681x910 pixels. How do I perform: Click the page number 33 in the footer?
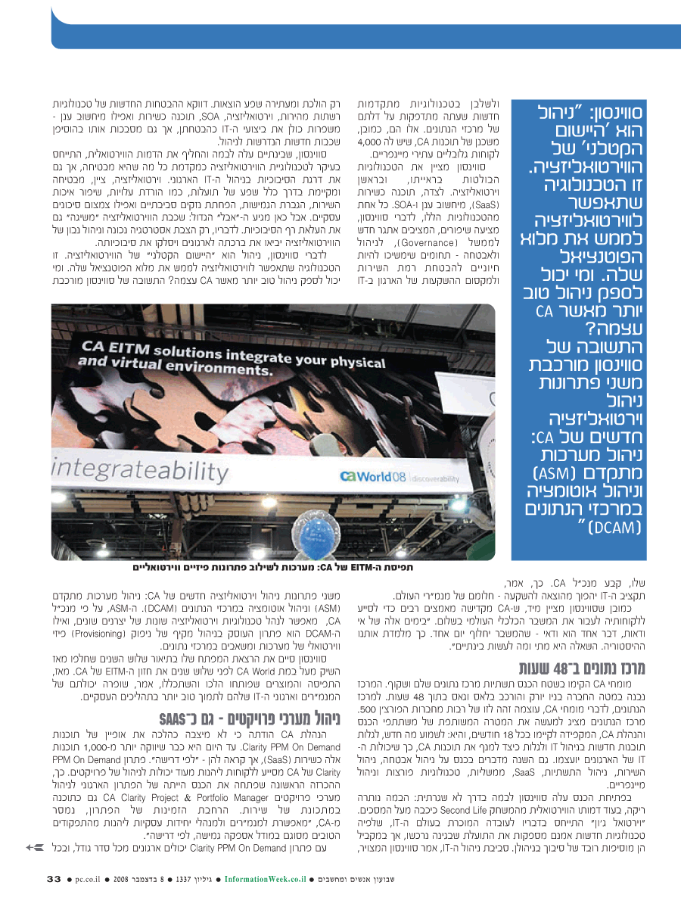tap(53, 879)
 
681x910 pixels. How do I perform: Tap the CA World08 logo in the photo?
tap(370, 475)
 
